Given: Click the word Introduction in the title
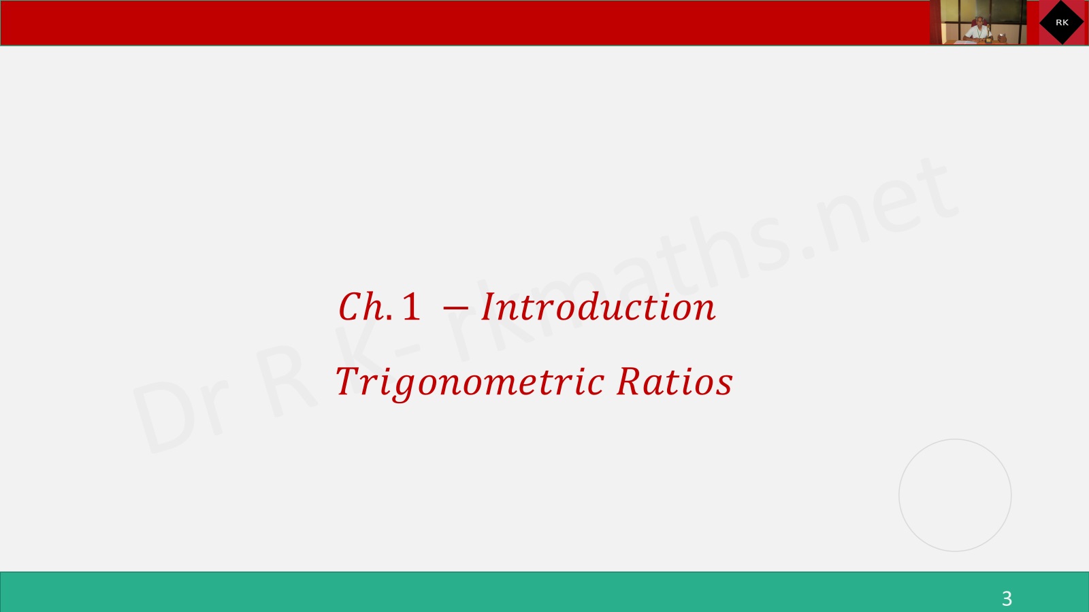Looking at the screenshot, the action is point(598,307).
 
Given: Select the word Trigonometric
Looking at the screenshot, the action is point(470,384).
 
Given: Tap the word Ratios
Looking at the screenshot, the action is point(674,381).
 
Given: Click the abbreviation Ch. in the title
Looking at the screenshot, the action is point(365,307).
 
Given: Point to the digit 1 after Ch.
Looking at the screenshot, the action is point(411,307).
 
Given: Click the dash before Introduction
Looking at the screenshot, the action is point(455,307).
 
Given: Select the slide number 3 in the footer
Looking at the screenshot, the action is point(1007,598).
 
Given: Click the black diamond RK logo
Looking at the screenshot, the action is point(1062,22).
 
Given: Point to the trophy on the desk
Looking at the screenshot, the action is point(988,34).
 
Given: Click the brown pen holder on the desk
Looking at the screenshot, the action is point(1002,37).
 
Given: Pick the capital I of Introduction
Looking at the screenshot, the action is point(488,307).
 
